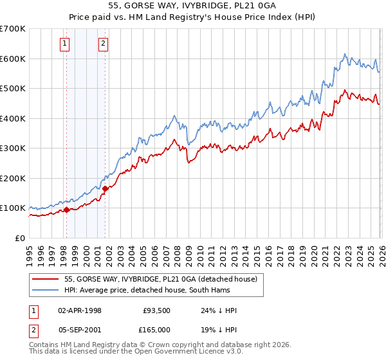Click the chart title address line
[192, 6]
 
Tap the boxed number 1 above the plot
[66, 44]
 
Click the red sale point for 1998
[66, 210]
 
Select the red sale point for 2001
[106, 188]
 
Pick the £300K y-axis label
[13, 148]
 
